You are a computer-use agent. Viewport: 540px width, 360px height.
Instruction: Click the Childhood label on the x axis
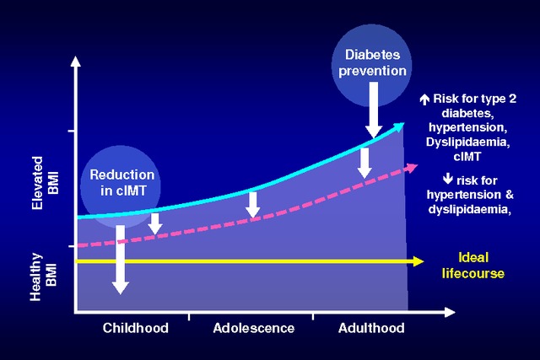(x=135, y=328)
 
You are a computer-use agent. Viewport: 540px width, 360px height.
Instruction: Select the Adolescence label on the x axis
(x=254, y=328)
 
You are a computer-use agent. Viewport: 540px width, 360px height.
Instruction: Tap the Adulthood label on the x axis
(x=371, y=328)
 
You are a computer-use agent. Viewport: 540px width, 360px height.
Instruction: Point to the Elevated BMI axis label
(x=46, y=183)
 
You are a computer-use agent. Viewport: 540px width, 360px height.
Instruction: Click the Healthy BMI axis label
(x=44, y=277)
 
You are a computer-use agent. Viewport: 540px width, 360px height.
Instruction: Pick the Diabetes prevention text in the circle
(x=372, y=62)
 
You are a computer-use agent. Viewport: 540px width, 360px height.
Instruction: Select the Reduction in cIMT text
(x=121, y=182)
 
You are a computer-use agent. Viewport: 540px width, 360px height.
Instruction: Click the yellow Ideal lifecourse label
(x=473, y=266)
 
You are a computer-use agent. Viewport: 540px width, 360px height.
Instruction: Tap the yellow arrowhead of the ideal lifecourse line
(x=418, y=261)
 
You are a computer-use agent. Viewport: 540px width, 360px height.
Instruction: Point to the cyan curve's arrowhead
(x=399, y=126)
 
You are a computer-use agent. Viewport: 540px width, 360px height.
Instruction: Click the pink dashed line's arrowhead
(x=412, y=168)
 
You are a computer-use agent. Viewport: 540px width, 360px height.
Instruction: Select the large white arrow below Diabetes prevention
(x=373, y=110)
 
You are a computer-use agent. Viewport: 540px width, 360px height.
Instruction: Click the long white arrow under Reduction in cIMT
(x=121, y=260)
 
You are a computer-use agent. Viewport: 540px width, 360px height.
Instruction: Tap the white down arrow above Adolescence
(x=253, y=205)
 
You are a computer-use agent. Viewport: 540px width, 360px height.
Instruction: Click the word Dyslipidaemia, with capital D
(x=468, y=142)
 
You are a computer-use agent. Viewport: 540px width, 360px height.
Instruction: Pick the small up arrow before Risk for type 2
(x=424, y=99)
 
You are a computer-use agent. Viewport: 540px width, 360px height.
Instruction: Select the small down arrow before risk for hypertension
(x=448, y=179)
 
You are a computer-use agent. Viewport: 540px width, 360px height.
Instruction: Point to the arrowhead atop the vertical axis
(x=76, y=62)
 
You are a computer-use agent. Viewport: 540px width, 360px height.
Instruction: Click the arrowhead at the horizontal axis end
(x=450, y=313)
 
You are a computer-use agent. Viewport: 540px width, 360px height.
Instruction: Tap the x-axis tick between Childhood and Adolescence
(x=189, y=317)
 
